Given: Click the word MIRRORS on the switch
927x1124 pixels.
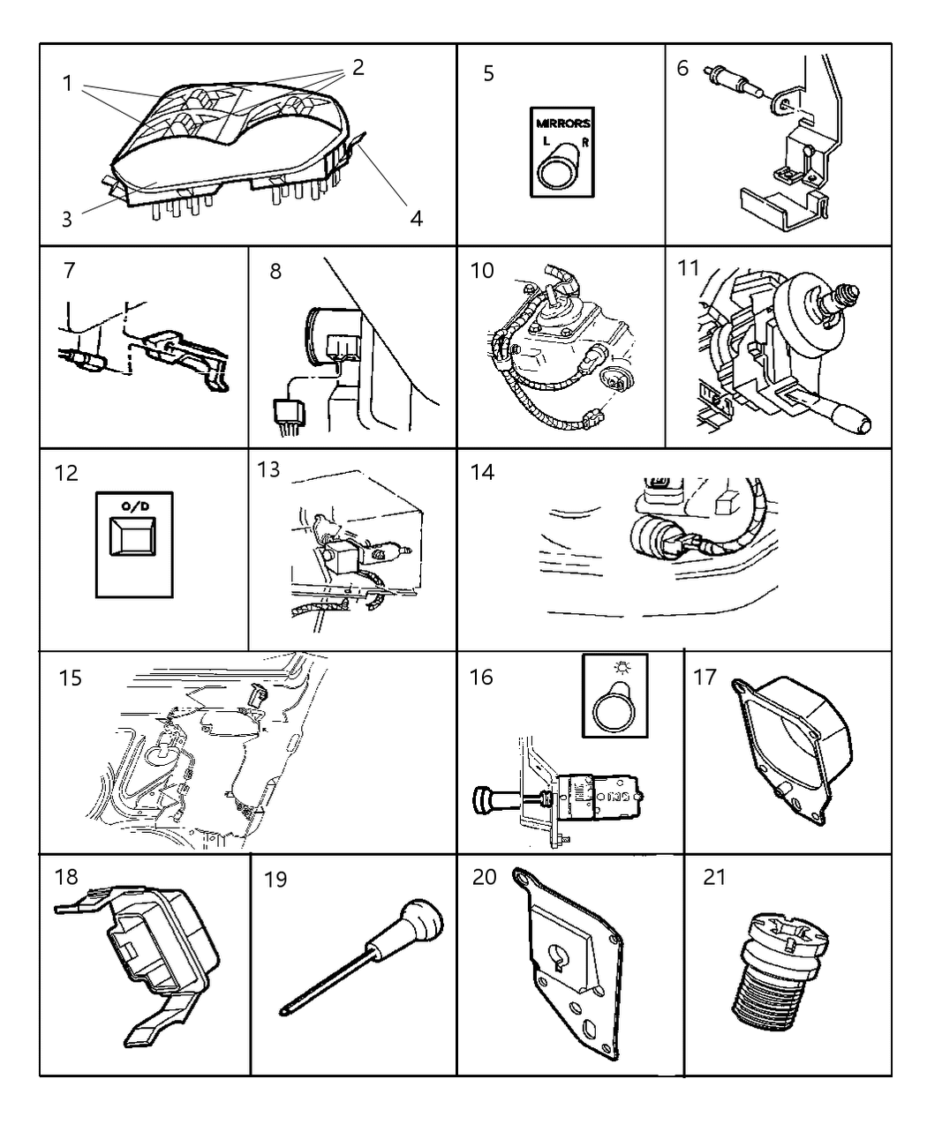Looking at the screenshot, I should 561,124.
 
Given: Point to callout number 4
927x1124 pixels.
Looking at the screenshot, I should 415,217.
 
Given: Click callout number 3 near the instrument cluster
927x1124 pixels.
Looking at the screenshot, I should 67,219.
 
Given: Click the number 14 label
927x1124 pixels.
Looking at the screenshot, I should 482,472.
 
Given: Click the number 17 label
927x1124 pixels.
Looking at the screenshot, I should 705,677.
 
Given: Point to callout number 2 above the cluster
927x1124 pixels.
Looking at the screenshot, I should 358,67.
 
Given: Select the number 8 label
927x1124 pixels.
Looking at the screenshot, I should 275,271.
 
